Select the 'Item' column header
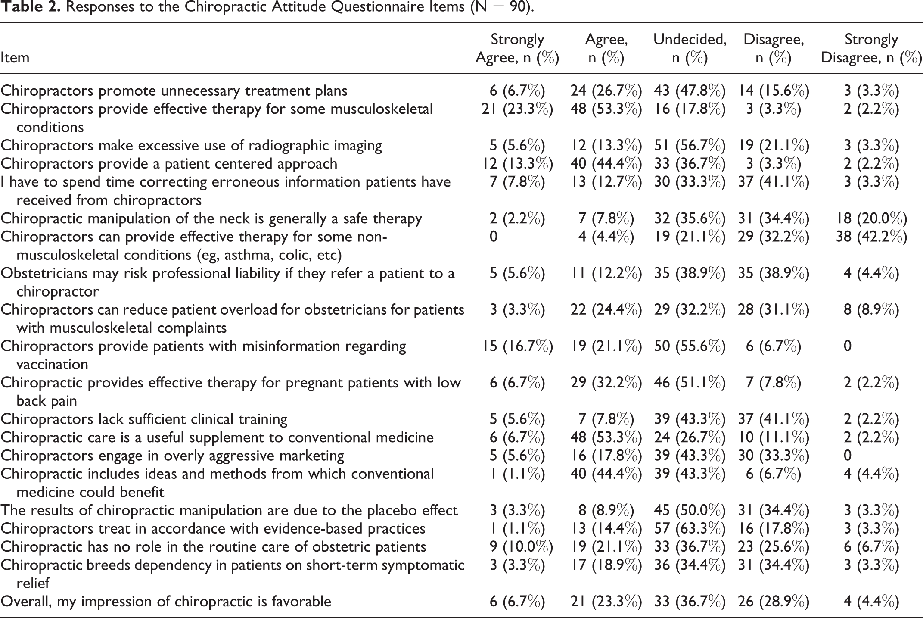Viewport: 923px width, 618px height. (15, 57)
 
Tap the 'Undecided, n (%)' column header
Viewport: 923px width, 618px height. (690, 48)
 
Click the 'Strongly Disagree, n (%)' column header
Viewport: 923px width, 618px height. (871, 48)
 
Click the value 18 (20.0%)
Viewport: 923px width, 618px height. (871, 218)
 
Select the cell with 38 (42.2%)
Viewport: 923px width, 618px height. (871, 237)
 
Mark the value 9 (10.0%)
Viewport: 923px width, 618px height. (517, 546)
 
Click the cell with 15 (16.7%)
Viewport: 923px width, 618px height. (517, 346)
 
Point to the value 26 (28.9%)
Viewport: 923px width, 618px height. (774, 601)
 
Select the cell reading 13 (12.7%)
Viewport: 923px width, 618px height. (606, 182)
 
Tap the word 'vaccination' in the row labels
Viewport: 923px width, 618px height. (52, 365)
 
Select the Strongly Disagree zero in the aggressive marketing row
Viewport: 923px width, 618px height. (848, 456)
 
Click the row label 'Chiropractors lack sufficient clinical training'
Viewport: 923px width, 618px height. (144, 419)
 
